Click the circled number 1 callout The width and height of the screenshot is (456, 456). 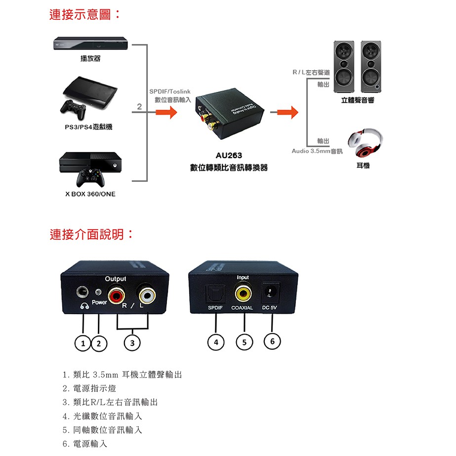pos(83,342)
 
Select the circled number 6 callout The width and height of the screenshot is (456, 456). pos(272,340)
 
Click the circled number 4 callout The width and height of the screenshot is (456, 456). pos(216,342)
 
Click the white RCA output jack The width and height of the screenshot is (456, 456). pos(147,296)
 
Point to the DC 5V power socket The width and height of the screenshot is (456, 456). pos(270,292)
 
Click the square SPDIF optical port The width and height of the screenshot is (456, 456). pos(215,293)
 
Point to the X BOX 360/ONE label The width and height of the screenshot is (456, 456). pos(90,194)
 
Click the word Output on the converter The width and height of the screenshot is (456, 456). pos(115,279)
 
